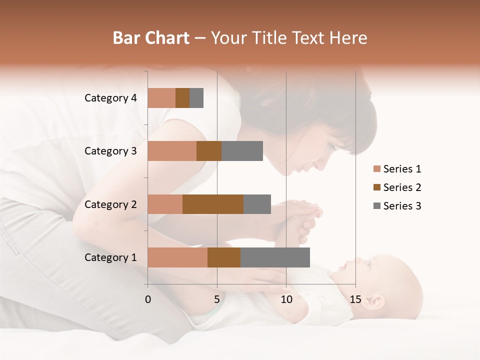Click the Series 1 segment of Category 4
161,98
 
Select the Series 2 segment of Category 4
182,98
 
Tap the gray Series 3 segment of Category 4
196,98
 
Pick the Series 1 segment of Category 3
172,151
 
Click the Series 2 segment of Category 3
209,151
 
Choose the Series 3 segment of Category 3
242,151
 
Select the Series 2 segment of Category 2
213,204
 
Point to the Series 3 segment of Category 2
257,204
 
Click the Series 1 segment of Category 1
177,257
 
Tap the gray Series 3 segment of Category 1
275,257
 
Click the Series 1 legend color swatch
377,169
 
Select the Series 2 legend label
402,187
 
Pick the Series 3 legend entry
397,206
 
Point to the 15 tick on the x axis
355,299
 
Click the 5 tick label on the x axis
217,299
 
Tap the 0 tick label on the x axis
148,299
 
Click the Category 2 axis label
110,204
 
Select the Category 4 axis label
110,98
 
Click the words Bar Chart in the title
151,38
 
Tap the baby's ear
375,301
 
